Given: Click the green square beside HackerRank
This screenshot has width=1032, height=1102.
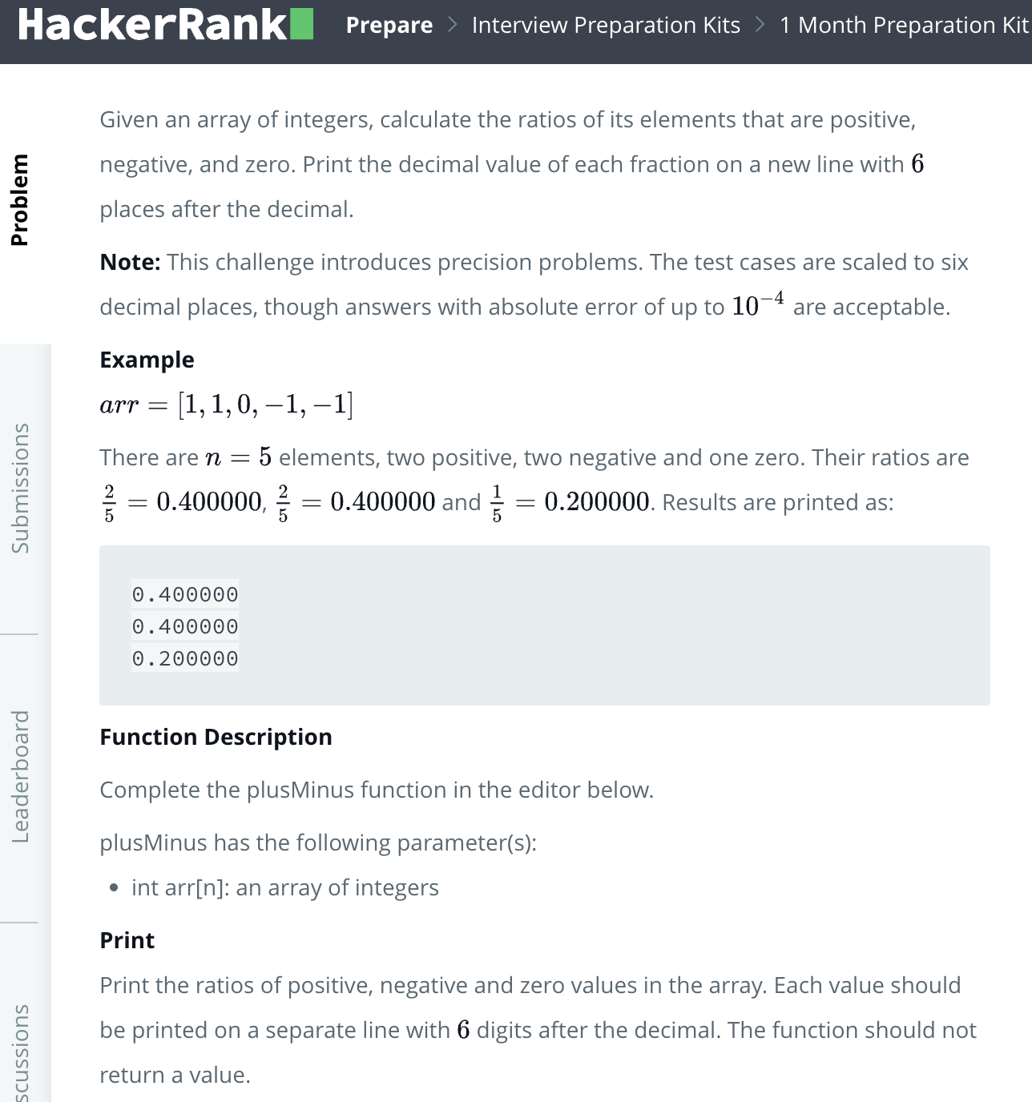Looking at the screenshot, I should tap(301, 25).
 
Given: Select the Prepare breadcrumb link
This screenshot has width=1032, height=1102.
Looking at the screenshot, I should tap(389, 26).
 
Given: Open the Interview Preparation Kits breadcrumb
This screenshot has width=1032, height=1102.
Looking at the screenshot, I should tap(606, 26).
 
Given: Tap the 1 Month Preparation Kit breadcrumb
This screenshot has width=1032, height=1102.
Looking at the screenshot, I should tap(903, 26).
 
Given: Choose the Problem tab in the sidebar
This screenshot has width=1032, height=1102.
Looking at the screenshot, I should tap(20, 199).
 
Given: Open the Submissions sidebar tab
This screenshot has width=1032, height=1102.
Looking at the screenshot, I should tap(20, 488).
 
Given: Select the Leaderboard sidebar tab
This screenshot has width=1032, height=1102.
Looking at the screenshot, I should tap(20, 776).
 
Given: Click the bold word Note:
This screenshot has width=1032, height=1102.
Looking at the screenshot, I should tap(130, 263).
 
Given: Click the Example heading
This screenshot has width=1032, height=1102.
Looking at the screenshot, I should tap(147, 360).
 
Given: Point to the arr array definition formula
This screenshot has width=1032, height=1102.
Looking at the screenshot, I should tap(226, 404).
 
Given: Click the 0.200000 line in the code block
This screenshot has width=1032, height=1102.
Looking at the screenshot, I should tap(185, 659).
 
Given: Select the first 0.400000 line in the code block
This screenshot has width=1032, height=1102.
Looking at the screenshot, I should tap(185, 595).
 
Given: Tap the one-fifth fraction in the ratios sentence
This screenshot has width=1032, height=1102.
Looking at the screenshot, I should tap(497, 503).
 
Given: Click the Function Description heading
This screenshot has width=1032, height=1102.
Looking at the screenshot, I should tap(216, 738).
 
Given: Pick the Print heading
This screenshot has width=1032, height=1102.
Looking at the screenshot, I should tap(127, 941).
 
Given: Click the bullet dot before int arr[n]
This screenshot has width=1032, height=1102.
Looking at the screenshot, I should tap(115, 888).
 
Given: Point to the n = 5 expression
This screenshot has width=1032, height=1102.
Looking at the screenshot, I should tap(238, 458).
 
